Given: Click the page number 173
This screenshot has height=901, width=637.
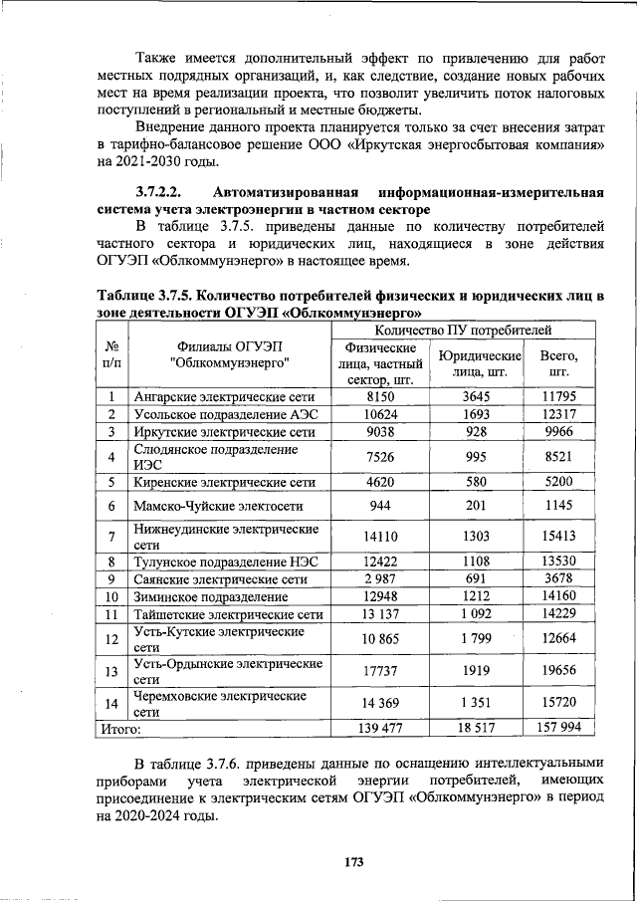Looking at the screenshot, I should [x=351, y=860].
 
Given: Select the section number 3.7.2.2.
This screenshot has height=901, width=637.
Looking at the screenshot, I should [x=163, y=192].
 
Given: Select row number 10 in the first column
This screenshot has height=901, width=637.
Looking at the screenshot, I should [x=113, y=596].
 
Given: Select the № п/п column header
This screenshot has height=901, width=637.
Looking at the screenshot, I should [x=113, y=354].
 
